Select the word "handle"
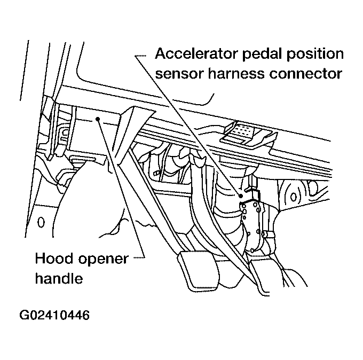(x=59, y=278)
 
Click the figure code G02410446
(x=54, y=315)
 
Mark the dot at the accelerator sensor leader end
(x=241, y=196)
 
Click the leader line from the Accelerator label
(x=187, y=123)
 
